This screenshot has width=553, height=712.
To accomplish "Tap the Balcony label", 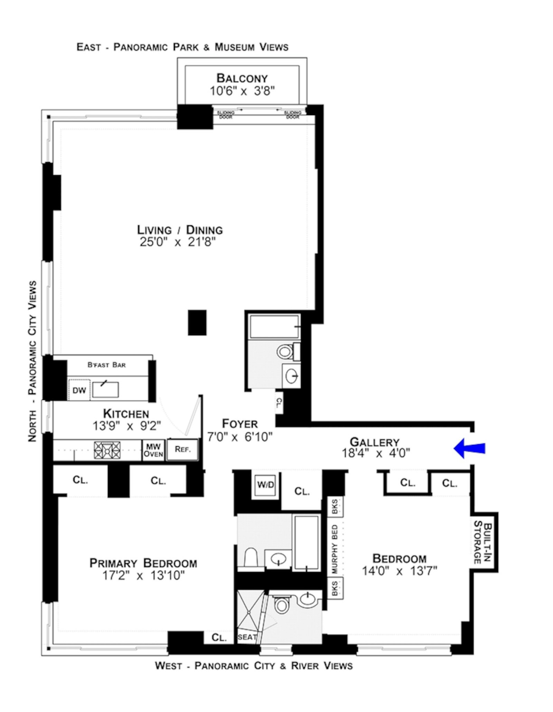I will [242, 78].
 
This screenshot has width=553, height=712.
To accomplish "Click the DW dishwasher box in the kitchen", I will [79, 390].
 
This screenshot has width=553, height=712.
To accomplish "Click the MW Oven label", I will [153, 450].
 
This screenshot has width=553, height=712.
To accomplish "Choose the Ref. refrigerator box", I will [182, 449].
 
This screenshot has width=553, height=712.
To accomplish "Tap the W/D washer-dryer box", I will [265, 485].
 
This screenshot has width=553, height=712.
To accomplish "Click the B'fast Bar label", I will [106, 365].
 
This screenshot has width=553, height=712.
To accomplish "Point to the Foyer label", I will [240, 424].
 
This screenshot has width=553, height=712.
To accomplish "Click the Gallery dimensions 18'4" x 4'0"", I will [376, 453].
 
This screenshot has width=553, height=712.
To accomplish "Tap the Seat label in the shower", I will [247, 637].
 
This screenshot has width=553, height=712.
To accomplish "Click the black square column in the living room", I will [197, 322].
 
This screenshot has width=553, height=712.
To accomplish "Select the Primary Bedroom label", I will [143, 563].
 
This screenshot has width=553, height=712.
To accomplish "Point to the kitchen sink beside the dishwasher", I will [105, 390].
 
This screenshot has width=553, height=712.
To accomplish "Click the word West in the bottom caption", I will [168, 665].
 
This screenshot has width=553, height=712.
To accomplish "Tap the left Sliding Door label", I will [226, 115].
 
